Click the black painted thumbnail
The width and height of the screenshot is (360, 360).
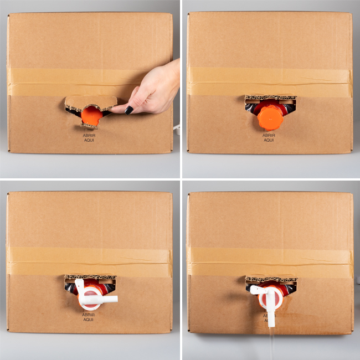coord(129,110)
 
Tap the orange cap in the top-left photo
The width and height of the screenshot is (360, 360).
coord(91,115)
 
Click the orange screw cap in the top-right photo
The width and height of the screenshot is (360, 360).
coord(270,119)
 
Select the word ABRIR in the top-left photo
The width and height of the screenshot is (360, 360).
coord(89,136)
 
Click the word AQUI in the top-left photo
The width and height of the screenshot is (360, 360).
coord(89,140)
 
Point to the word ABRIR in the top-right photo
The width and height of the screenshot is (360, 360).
coord(269,135)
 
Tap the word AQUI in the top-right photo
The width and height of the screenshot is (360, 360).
coord(269,140)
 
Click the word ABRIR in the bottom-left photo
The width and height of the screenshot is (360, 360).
coord(89,315)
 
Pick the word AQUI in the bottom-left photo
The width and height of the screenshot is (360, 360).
coord(89,320)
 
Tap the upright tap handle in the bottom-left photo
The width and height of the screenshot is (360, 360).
coord(80,289)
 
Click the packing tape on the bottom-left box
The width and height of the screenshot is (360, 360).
coord(90,261)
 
